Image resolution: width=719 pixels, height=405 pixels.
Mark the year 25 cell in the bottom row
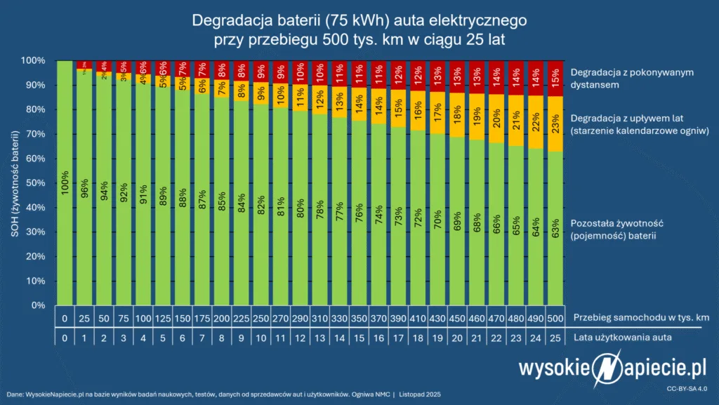tap(555, 338)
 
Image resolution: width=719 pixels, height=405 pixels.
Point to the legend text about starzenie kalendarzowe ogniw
tap(637, 124)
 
